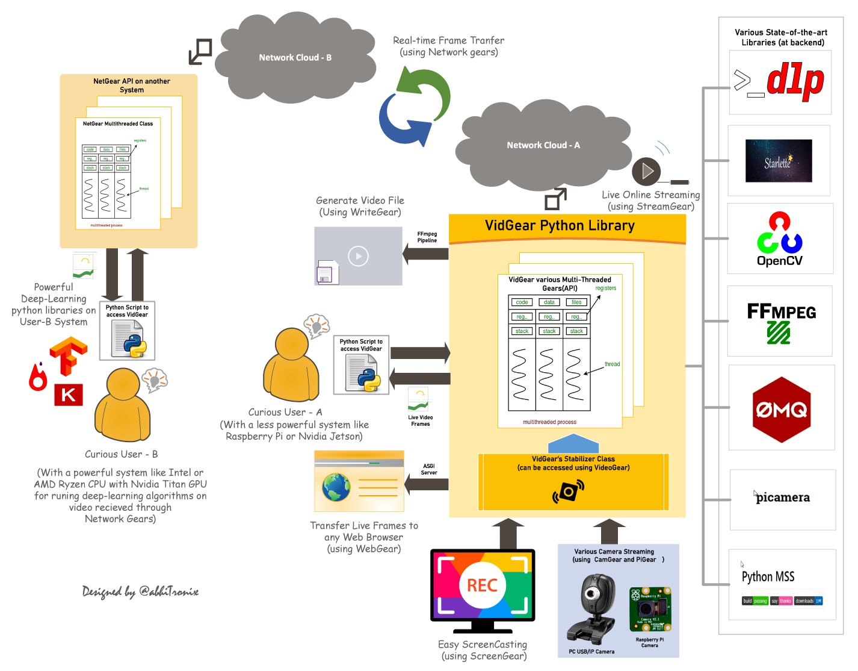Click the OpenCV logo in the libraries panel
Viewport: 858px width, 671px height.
780,239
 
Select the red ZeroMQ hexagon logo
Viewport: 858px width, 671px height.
782,410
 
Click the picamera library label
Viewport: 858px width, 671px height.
782,498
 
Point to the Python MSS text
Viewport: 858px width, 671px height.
768,576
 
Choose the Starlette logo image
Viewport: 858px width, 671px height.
779,161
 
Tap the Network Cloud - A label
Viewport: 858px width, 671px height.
543,145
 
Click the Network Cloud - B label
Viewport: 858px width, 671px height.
295,58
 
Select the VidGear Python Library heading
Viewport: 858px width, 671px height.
560,226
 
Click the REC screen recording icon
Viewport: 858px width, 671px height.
483,585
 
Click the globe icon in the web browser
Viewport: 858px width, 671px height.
336,487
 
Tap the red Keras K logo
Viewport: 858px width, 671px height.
68,395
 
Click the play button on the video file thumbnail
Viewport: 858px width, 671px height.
359,256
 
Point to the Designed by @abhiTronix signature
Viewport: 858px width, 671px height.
140,591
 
